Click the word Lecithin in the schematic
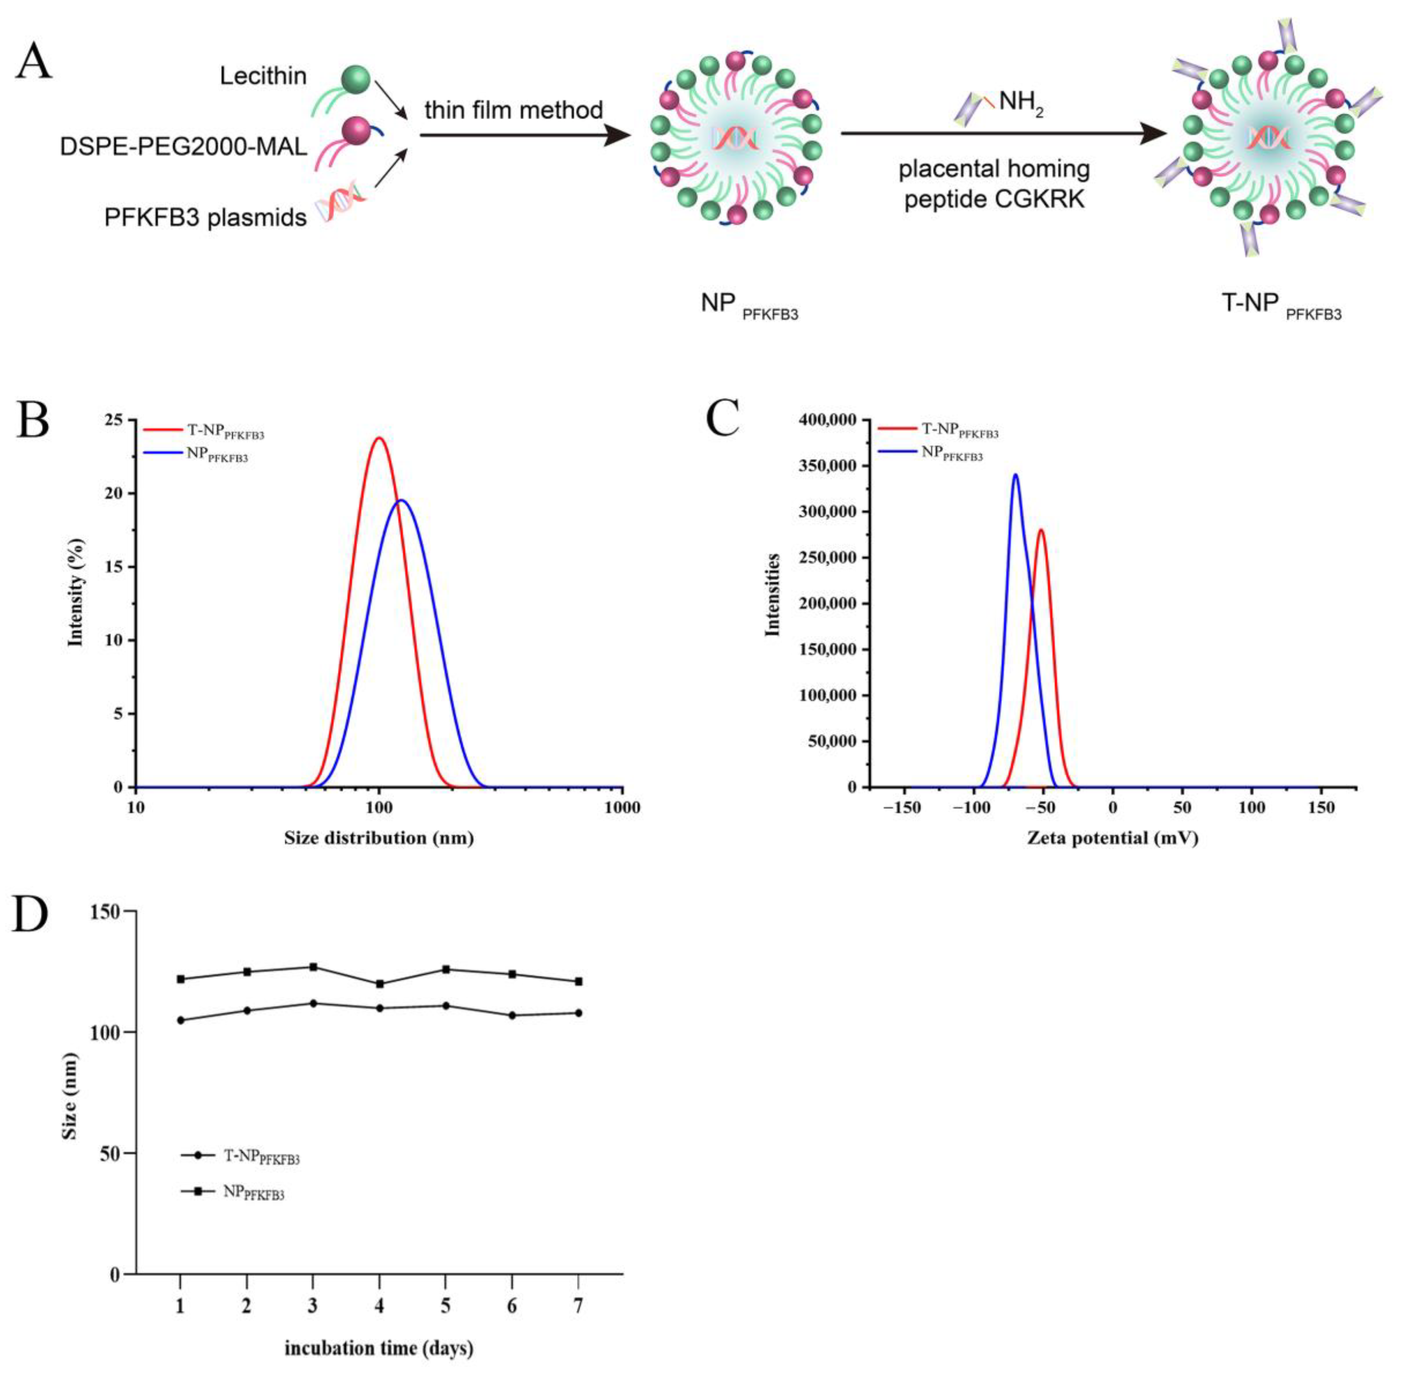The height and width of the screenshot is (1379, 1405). [263, 76]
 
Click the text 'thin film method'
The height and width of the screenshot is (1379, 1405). [513, 110]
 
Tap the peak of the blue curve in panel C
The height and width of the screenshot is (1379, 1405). [1015, 475]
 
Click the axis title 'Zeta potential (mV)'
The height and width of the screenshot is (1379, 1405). [1112, 838]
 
